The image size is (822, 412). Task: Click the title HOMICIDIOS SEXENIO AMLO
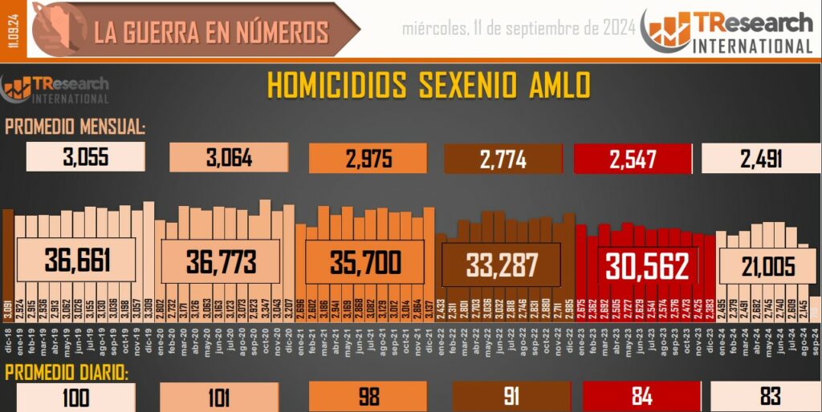(428, 85)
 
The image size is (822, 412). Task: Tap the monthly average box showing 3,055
(86, 158)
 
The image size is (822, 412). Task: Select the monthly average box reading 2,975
(369, 158)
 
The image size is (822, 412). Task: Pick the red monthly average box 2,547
(633, 158)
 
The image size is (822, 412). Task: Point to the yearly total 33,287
(502, 265)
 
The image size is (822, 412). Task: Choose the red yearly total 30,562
(648, 266)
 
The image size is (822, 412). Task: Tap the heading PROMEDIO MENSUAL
(75, 127)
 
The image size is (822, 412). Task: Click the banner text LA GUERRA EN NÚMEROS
(211, 32)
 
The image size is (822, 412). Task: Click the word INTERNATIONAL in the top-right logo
(752, 46)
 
